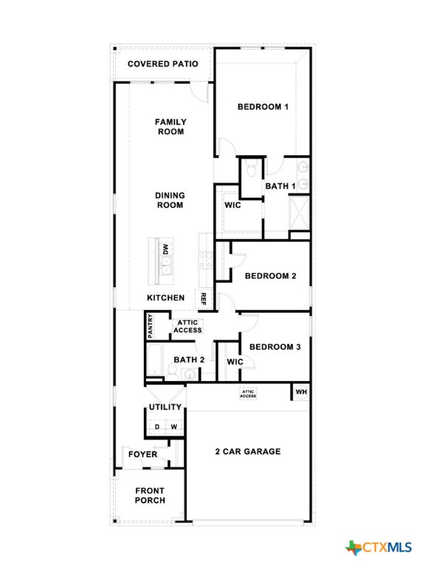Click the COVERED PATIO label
pos(162,63)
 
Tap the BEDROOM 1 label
pos(262,107)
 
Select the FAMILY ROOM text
pos(170,126)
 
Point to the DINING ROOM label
pos(170,200)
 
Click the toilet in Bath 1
pos(252,170)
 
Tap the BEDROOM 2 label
pos(270,276)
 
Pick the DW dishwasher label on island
pos(166,250)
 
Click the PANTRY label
pos(151,326)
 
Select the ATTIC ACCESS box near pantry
pos(187,326)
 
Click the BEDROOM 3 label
pos(274,346)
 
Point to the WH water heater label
pos(301,391)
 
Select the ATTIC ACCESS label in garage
pos(248,394)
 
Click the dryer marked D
pos(156,427)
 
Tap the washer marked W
pos(174,427)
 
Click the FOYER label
pos(142,454)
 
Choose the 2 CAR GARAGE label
pos(247,451)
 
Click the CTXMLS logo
pos(378,547)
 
